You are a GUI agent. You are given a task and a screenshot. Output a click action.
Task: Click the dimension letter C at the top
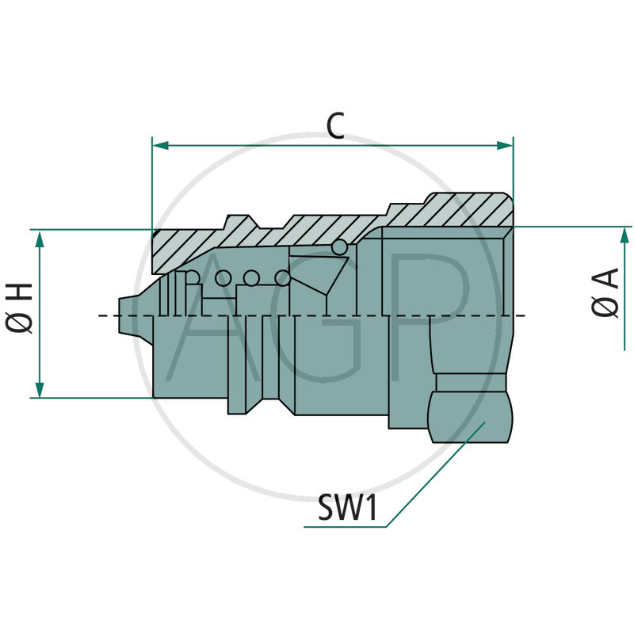pos(336,126)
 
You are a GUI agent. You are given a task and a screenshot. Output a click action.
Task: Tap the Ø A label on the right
pos(605,294)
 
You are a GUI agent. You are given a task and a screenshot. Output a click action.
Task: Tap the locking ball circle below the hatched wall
pos(339,247)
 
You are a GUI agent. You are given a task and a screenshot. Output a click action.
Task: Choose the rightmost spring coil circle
pos(281,278)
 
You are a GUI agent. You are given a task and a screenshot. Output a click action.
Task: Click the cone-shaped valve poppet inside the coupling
pos(325,273)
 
